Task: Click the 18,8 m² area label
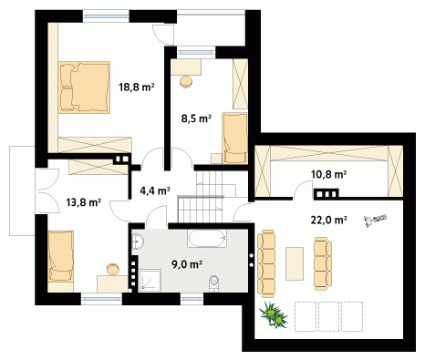(x=137, y=87)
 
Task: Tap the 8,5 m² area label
(x=196, y=118)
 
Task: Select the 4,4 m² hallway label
(x=155, y=190)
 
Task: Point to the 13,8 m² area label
(x=84, y=202)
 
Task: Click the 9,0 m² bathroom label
(x=187, y=264)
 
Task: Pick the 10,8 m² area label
(x=329, y=174)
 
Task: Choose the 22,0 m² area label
(x=329, y=220)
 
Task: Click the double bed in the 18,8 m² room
(x=84, y=87)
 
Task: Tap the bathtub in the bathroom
(x=207, y=239)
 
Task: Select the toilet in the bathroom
(x=214, y=283)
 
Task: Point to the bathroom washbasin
(x=138, y=242)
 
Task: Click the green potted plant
(x=274, y=314)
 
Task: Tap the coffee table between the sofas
(x=295, y=263)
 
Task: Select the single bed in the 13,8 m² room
(x=60, y=256)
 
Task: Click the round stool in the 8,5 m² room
(x=186, y=82)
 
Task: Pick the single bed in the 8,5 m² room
(x=235, y=139)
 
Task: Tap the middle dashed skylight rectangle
(x=329, y=316)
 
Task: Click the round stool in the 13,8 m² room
(x=113, y=269)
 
